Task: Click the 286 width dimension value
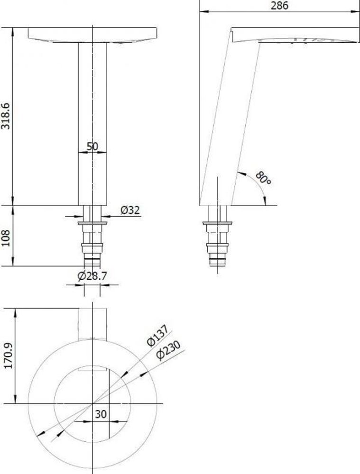click(279, 6)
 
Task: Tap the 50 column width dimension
click(92, 146)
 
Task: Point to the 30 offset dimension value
click(101, 414)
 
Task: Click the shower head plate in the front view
click(92, 35)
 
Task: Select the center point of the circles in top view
click(92, 404)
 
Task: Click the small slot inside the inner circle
click(92, 369)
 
